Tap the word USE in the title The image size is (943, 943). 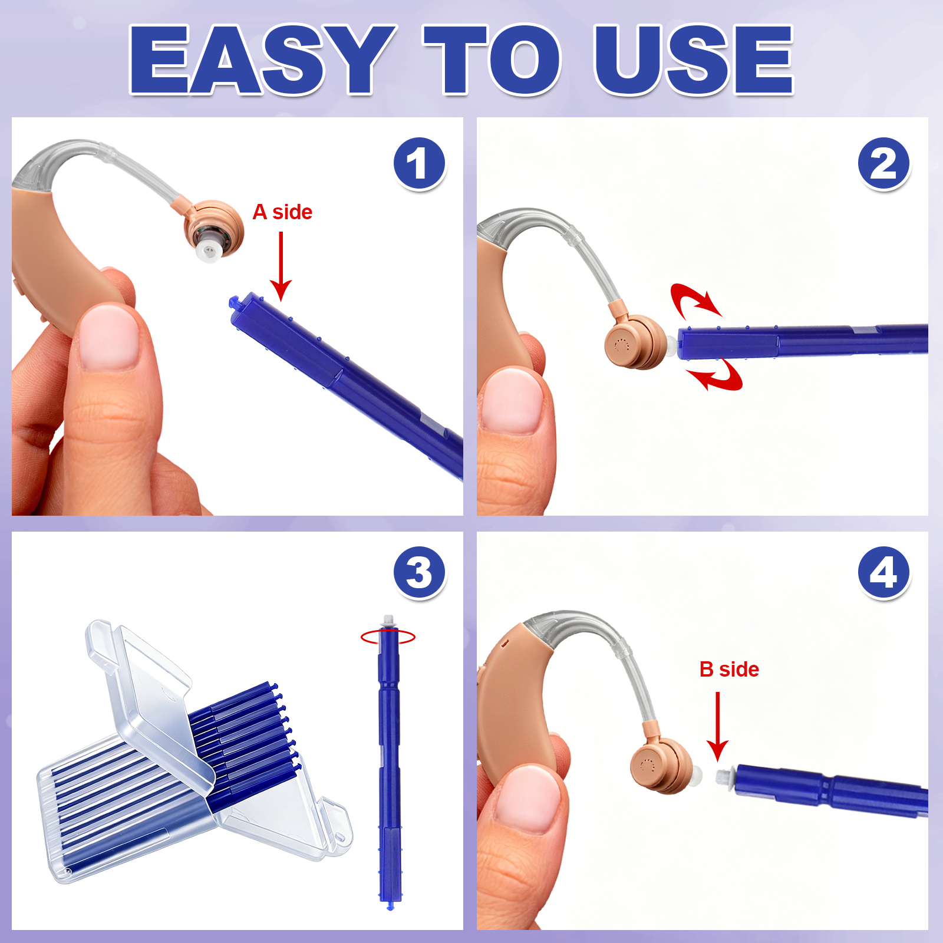pyautogui.click(x=694, y=60)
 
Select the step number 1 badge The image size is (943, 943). pyautogui.click(x=419, y=163)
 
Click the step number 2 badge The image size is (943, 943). pyautogui.click(x=883, y=163)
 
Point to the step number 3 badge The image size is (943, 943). pyautogui.click(x=419, y=572)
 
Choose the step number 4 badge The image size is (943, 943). pyautogui.click(x=883, y=572)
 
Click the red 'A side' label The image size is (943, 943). pyautogui.click(x=282, y=212)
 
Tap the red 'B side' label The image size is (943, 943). pyautogui.click(x=729, y=670)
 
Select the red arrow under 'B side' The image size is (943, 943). pyautogui.click(x=718, y=726)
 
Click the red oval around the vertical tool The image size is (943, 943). pyautogui.click(x=388, y=637)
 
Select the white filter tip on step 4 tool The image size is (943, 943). pyautogui.click(x=723, y=775)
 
